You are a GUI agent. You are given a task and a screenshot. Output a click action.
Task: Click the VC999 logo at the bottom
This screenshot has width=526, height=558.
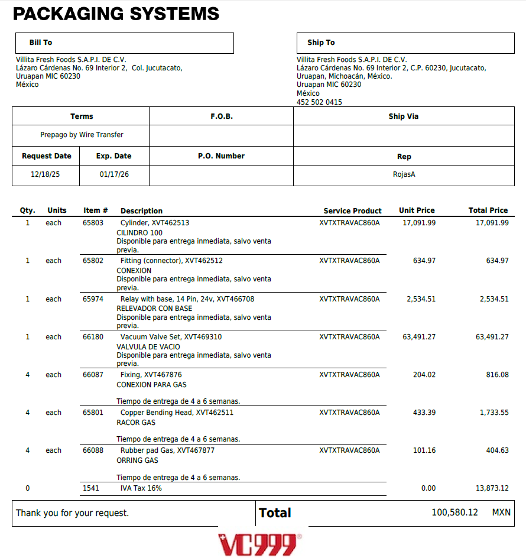(x=259, y=544)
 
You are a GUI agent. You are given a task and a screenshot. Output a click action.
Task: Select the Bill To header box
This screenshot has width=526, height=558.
(x=124, y=43)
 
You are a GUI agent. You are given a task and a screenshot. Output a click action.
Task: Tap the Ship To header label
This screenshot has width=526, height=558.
(x=321, y=43)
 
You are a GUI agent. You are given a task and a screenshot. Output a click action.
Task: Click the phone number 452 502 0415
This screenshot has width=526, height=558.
(x=319, y=102)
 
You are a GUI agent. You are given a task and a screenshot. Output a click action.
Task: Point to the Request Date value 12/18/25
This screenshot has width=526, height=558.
(x=46, y=175)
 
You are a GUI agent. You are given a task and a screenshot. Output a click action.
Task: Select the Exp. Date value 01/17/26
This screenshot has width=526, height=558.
(x=114, y=175)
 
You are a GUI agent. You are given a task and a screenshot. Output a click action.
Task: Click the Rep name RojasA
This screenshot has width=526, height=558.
(x=404, y=175)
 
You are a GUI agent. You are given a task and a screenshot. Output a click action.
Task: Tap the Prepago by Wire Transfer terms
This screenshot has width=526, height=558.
(x=82, y=135)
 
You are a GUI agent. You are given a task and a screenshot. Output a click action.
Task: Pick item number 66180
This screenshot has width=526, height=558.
(x=93, y=337)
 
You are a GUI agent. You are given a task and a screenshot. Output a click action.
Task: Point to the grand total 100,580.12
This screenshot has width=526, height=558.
(x=454, y=512)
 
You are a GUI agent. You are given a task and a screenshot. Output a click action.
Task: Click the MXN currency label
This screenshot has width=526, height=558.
(x=501, y=512)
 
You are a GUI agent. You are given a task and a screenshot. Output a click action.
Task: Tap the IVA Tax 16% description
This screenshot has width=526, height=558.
(x=141, y=488)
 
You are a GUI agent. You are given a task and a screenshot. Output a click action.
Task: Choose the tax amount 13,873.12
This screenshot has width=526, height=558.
(x=488, y=488)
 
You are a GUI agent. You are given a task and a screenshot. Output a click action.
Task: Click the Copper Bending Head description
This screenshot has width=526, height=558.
(x=177, y=413)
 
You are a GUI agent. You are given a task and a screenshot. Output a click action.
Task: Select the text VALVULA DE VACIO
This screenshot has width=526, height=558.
(x=148, y=347)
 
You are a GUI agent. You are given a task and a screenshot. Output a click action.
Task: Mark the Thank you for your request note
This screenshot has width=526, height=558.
(x=72, y=513)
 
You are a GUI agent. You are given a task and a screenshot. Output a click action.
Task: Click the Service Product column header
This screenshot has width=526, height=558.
(x=352, y=211)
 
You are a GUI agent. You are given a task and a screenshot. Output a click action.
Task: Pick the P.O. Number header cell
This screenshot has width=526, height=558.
(x=221, y=156)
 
